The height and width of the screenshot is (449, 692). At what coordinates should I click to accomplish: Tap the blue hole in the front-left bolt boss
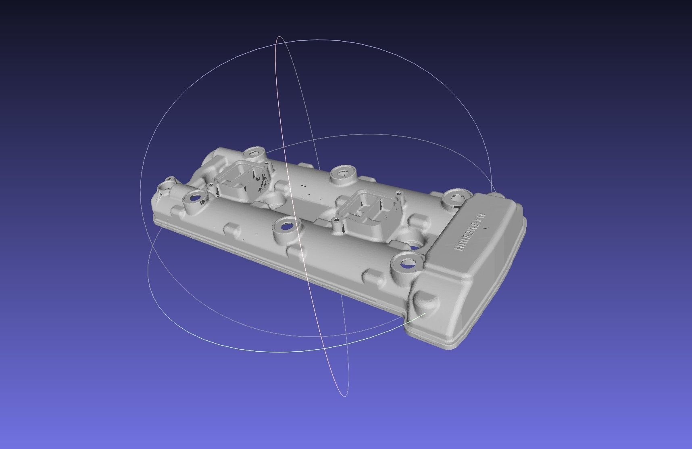point(195,198)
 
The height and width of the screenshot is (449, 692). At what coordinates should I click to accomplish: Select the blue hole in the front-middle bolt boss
point(286,227)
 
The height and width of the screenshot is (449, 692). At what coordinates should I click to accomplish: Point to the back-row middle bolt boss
point(343,174)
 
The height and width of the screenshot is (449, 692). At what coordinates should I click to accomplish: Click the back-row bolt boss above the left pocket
point(254,153)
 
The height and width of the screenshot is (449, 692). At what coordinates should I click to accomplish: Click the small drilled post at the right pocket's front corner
point(336,220)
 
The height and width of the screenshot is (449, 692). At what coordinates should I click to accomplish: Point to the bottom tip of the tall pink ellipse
point(344,395)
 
